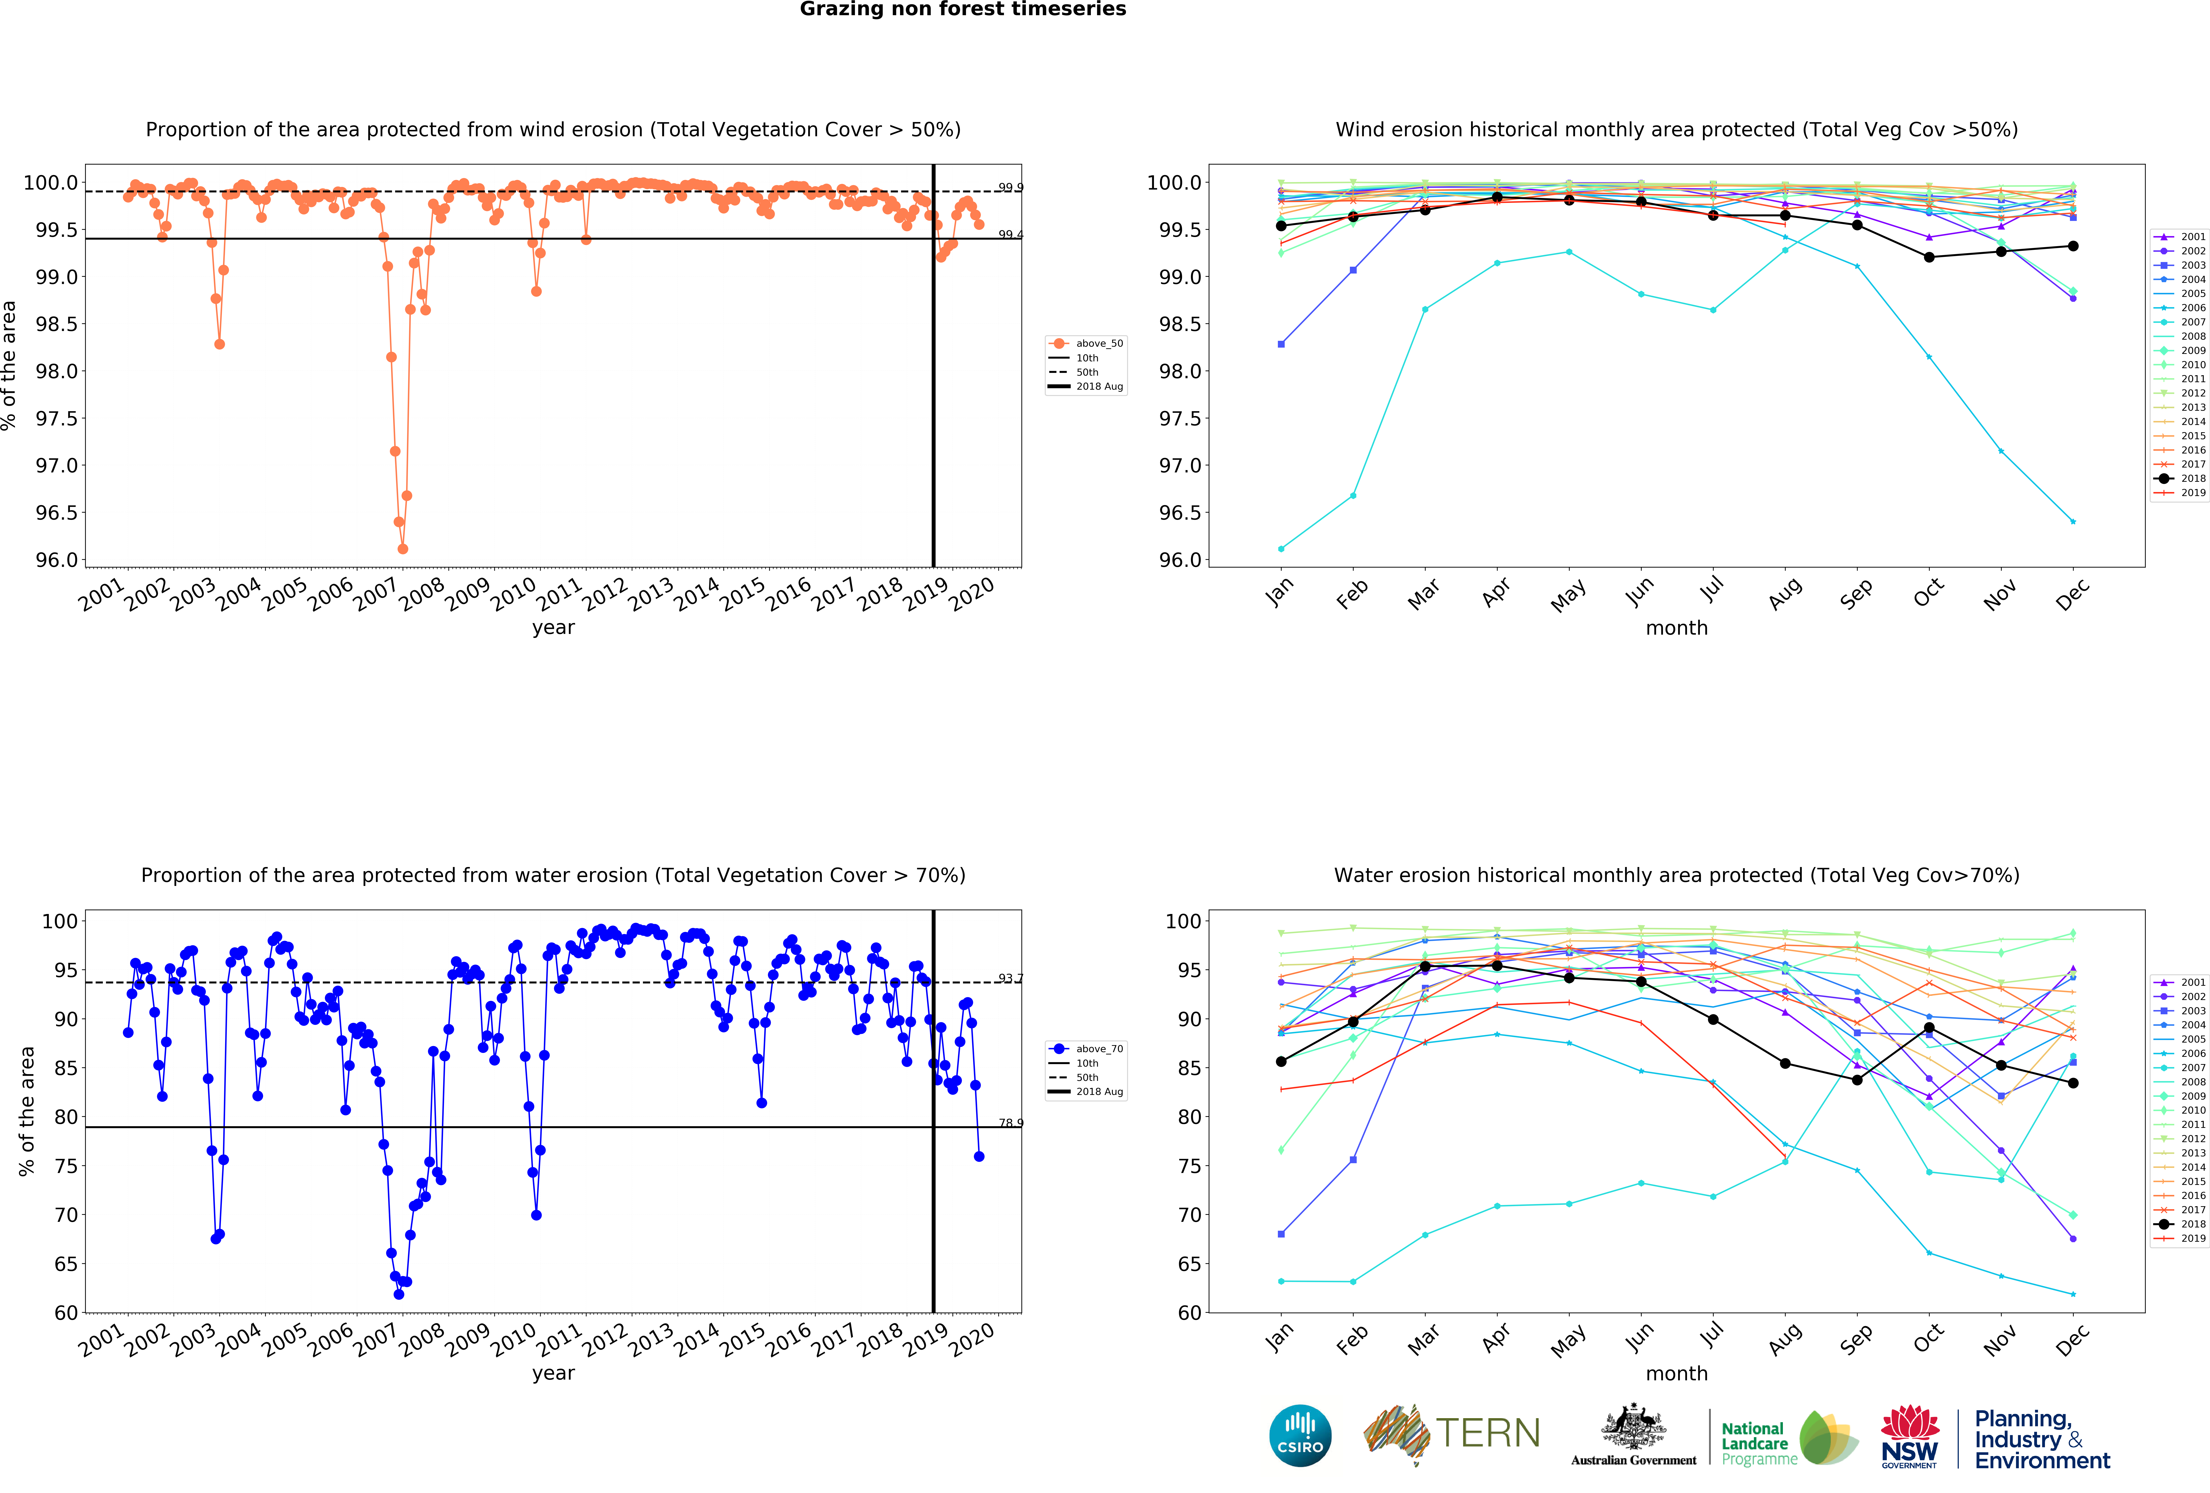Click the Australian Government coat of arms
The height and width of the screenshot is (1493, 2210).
click(1633, 1426)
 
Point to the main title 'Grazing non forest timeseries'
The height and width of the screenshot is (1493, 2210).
click(962, 10)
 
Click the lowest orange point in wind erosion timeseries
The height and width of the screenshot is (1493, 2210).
click(402, 549)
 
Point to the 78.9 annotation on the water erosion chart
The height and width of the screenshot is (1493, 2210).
click(1010, 1123)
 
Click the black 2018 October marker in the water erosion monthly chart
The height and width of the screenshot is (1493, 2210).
click(1929, 1028)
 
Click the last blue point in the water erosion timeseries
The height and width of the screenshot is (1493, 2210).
click(979, 1156)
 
